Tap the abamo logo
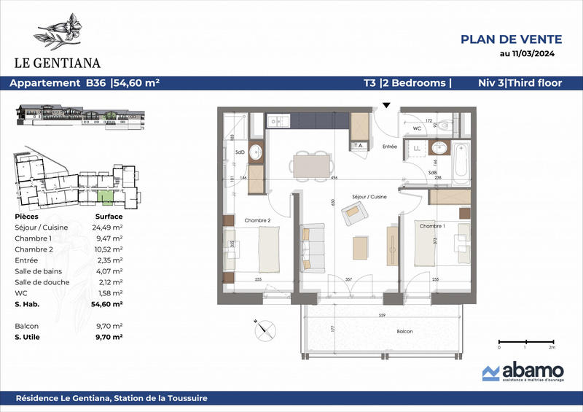519,372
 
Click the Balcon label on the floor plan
405,332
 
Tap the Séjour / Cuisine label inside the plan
369,198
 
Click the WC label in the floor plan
417,128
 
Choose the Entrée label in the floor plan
389,147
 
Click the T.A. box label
359,146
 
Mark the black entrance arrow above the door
386,106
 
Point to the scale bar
525,341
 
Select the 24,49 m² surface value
109,226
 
